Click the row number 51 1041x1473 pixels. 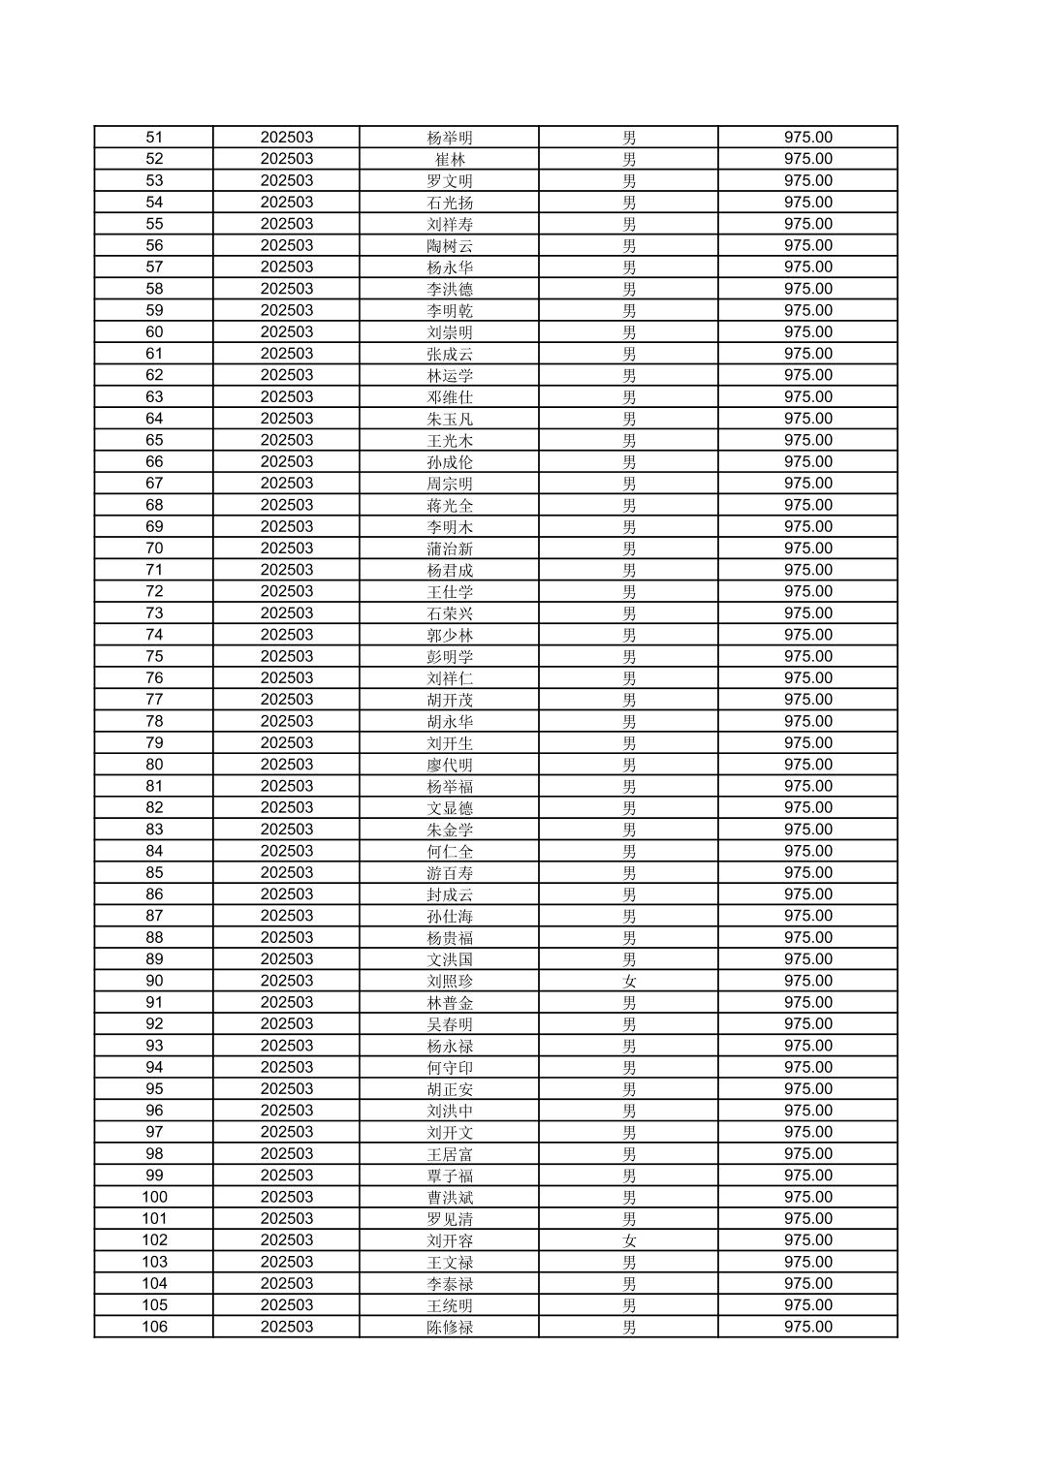click(x=154, y=138)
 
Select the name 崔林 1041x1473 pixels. click(x=450, y=159)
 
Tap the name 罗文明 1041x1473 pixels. click(x=450, y=181)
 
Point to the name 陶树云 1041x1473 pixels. click(x=450, y=246)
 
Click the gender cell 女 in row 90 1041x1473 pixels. click(x=629, y=981)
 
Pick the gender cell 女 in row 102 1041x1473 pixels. click(x=629, y=1240)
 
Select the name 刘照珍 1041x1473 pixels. click(x=450, y=981)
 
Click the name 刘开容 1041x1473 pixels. click(x=450, y=1240)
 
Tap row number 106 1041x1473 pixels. click(x=154, y=1327)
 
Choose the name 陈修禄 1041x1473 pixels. click(x=450, y=1327)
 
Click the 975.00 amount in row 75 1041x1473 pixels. click(x=807, y=656)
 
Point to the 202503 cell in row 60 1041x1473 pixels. click(x=286, y=332)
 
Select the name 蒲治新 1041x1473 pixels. click(x=450, y=548)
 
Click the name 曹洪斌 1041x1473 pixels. click(x=450, y=1197)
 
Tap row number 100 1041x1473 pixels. click(x=154, y=1197)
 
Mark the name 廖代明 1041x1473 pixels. click(x=450, y=765)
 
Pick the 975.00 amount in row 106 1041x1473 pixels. click(x=807, y=1327)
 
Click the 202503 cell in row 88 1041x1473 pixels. click(x=286, y=937)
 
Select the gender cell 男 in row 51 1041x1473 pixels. click(x=629, y=138)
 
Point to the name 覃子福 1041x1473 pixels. click(x=450, y=1175)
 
